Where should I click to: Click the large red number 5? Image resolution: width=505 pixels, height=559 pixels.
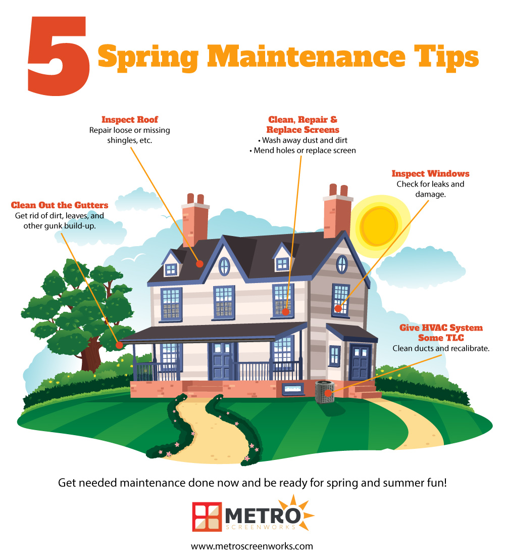59,56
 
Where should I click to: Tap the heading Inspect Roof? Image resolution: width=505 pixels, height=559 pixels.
130,119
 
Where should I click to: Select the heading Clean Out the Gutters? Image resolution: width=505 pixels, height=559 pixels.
60,205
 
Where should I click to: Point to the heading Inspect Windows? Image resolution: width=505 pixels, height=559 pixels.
430,174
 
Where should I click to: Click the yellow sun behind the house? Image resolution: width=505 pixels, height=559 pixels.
378,225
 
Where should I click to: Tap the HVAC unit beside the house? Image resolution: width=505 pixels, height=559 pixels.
325,392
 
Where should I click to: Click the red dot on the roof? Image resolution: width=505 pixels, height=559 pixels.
199,264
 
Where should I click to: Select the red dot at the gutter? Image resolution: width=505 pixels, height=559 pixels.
119,345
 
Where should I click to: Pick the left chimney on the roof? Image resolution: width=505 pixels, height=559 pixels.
195,220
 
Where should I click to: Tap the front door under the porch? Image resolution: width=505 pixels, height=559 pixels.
221,361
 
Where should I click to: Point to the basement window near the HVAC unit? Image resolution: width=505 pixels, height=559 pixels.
293,389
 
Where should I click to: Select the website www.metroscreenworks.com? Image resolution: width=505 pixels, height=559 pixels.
252,546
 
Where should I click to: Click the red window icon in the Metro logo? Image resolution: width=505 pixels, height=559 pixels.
207,517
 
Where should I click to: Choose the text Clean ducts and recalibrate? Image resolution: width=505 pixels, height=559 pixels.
441,348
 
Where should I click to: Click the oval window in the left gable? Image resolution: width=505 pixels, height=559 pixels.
224,266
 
